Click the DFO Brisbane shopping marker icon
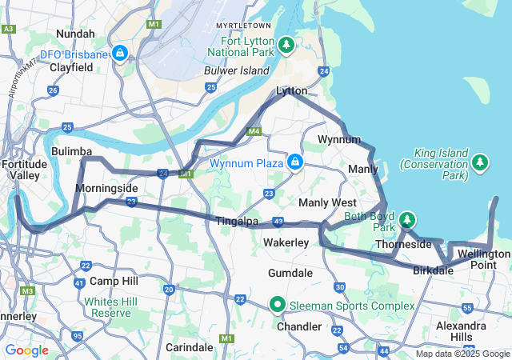[119, 54]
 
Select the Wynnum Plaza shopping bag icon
[295, 162]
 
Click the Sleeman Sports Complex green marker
[278, 305]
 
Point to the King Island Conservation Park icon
[480, 163]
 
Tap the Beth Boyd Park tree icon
[407, 219]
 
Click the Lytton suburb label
[291, 91]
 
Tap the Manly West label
[327, 202]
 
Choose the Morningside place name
[106, 189]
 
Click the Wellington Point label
[484, 259]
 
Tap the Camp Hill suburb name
[114, 281]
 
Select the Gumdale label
[290, 273]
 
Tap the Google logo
[26, 350]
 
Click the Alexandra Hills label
[461, 331]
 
